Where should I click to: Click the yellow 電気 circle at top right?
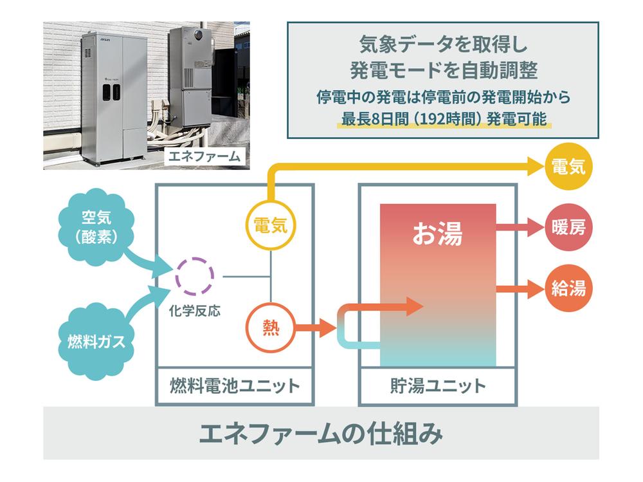coord(568,167)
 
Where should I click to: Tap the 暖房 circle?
coord(568,228)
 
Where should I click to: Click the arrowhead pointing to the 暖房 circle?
coord(534,228)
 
